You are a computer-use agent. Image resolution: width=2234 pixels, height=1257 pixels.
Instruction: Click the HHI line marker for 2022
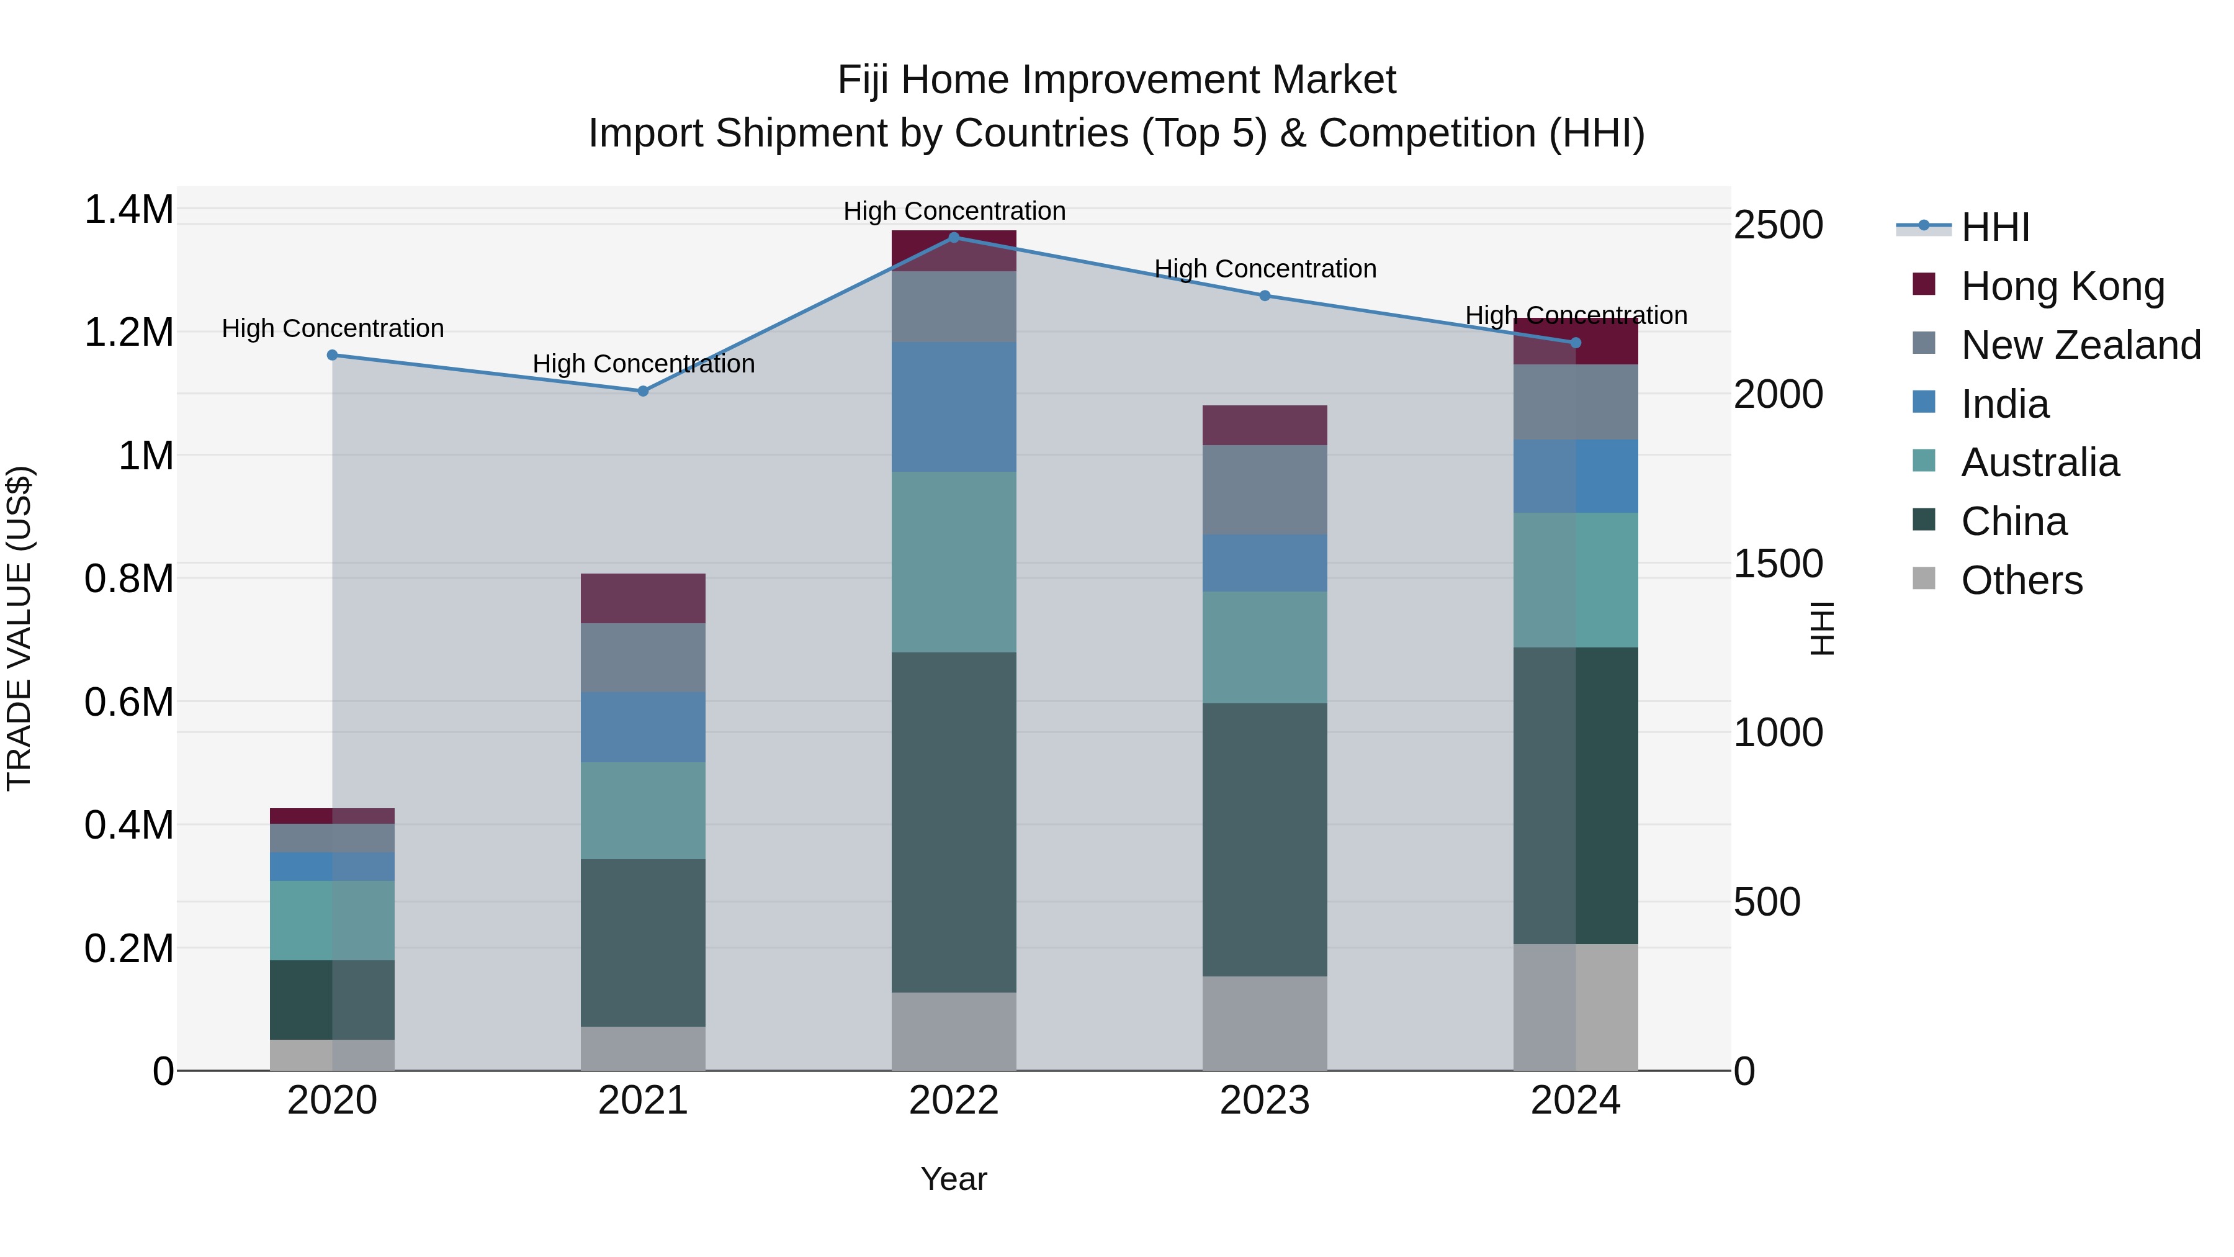[x=954, y=237]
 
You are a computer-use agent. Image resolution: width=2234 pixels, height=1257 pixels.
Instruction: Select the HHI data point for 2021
[x=643, y=391]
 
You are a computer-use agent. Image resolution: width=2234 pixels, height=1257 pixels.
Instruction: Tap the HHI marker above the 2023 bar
[x=1265, y=296]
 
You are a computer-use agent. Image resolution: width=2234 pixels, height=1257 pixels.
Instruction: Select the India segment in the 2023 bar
[x=1265, y=563]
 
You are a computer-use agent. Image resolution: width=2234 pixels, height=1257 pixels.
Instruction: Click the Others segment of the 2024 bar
[x=1576, y=1007]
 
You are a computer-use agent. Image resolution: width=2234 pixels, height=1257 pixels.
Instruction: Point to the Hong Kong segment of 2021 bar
[x=643, y=598]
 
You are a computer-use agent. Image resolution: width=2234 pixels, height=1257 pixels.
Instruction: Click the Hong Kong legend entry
[x=2062, y=286]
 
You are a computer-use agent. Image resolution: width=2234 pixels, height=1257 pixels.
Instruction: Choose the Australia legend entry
[x=2040, y=462]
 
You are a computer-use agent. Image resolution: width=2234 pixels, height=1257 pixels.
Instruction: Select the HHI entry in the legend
[x=1994, y=227]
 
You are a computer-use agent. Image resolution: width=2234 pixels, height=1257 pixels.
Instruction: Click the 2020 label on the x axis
[x=332, y=1101]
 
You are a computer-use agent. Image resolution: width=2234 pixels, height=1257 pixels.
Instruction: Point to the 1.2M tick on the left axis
[x=128, y=332]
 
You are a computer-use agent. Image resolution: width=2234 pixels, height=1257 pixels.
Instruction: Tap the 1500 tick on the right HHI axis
[x=1778, y=564]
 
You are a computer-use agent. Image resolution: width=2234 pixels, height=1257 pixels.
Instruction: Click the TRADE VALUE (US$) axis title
[x=19, y=628]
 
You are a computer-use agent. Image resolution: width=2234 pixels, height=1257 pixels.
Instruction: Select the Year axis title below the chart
[x=953, y=1179]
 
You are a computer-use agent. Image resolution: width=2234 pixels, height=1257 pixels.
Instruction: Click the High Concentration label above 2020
[x=332, y=329]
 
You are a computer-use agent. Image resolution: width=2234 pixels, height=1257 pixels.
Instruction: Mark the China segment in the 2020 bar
[x=332, y=999]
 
